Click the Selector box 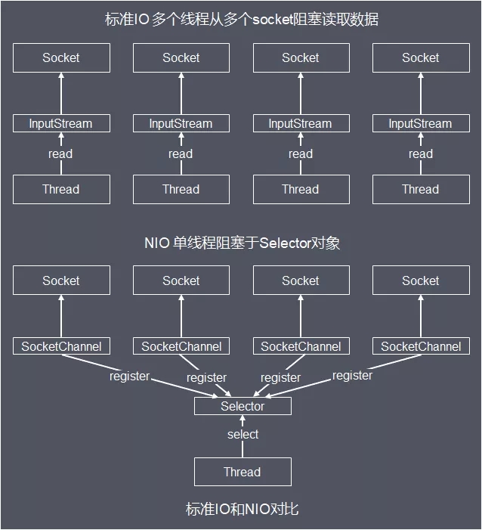click(243, 406)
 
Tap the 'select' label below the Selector click(243, 434)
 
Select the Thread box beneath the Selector click(243, 472)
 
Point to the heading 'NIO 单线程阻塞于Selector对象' click(242, 243)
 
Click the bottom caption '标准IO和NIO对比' click(242, 509)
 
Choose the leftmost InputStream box click(61, 123)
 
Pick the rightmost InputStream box click(420, 123)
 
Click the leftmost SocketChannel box click(61, 346)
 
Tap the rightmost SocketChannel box click(420, 346)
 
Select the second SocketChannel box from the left click(181, 346)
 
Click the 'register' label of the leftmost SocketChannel click(129, 376)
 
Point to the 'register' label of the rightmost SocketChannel click(352, 375)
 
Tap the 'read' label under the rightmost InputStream click(420, 153)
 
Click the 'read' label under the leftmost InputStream click(60, 153)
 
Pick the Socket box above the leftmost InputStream click(61, 57)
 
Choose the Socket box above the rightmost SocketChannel click(420, 280)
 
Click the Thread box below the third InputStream click(301, 189)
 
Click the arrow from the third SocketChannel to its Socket click(301, 317)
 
